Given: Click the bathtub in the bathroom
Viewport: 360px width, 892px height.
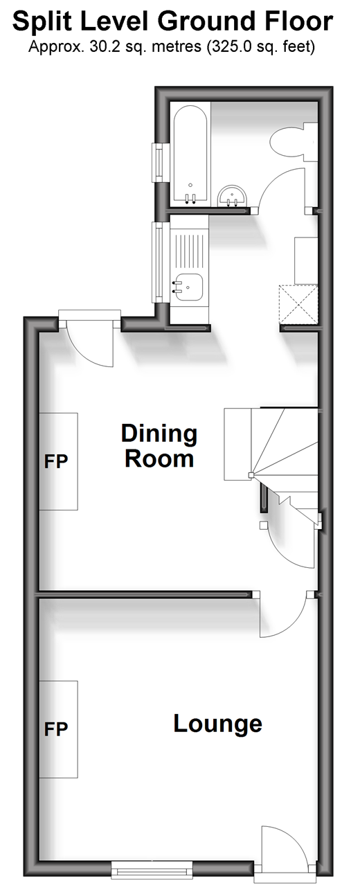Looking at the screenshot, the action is (x=190, y=155).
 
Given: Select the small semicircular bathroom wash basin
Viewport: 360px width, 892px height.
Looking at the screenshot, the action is (x=233, y=197).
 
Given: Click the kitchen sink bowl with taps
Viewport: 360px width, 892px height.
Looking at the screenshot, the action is (x=188, y=287).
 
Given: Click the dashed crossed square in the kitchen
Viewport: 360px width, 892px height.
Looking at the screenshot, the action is (x=298, y=304).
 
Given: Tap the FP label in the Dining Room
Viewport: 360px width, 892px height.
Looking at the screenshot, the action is (x=56, y=461).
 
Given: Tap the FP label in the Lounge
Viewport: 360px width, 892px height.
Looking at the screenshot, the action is (x=56, y=729).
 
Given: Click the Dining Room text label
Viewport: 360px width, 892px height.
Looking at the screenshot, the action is (x=159, y=446).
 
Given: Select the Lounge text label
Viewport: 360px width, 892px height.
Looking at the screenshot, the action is (x=218, y=724).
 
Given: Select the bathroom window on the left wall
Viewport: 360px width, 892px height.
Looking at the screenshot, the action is (x=158, y=163).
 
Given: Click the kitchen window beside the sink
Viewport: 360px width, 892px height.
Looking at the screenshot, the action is (x=158, y=262).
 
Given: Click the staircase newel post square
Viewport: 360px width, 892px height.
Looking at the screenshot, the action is (x=251, y=474).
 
